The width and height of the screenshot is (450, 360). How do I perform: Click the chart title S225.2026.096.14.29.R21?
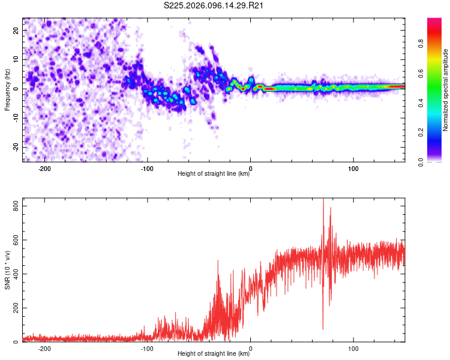(214, 6)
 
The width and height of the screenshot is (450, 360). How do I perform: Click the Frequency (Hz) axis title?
(7, 90)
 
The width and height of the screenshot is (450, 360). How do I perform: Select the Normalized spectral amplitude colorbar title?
(446, 90)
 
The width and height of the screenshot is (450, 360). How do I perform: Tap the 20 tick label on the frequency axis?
(16, 30)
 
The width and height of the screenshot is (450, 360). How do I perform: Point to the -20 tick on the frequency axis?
(14, 147)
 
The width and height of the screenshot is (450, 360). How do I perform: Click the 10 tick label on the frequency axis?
(16, 59)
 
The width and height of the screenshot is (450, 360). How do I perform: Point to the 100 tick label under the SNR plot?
(353, 349)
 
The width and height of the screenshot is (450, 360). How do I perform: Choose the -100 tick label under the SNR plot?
(148, 349)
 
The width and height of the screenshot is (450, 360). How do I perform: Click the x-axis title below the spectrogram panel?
(214, 175)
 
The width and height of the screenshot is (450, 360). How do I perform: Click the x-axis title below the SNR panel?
(214, 354)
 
